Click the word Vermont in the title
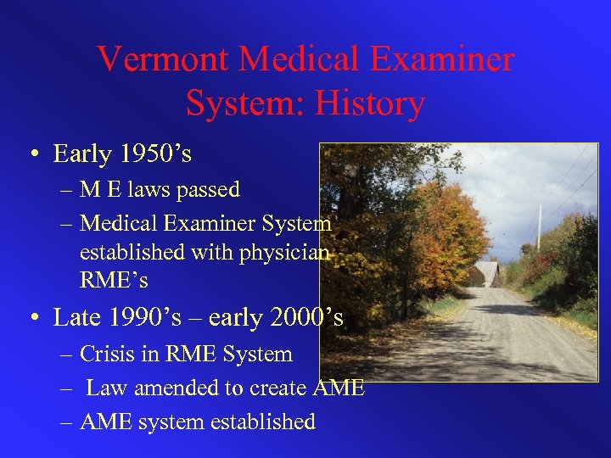coord(162,59)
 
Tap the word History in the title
coord(371,103)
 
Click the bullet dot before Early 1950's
coord(34,155)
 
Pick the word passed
coord(209,189)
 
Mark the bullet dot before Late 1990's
coord(34,318)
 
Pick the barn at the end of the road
coord(487,273)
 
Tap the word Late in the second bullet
coord(75,318)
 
